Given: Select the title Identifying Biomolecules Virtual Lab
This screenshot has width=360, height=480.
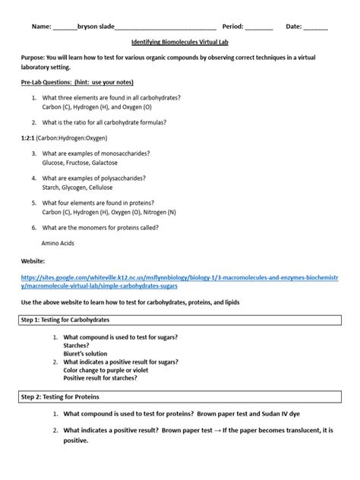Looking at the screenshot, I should coord(179,45).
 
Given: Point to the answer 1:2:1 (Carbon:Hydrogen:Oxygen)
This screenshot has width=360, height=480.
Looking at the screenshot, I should coord(64,139).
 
